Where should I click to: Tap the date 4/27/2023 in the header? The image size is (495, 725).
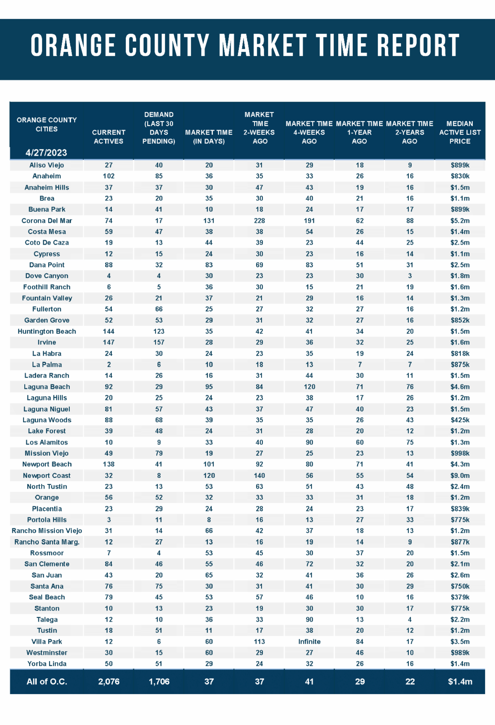tap(46, 153)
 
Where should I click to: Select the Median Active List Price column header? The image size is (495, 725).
tap(460, 132)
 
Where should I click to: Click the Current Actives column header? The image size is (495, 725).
tap(108, 137)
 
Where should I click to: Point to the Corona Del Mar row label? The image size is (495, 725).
tap(47, 221)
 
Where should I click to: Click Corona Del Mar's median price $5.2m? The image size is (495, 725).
tap(460, 221)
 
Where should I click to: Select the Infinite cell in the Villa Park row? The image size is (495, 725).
tap(309, 642)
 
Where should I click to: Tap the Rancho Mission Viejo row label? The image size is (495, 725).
tap(47, 531)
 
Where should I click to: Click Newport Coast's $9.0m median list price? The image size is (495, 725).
tap(460, 475)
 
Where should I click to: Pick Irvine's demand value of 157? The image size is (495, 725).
tap(159, 342)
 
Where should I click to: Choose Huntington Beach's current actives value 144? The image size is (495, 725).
tap(108, 331)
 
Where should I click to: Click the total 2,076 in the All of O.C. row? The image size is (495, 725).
tap(108, 682)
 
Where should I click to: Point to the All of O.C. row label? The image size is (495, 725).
tap(47, 682)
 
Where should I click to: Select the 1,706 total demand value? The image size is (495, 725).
tap(159, 682)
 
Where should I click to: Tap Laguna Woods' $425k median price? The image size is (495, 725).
tap(460, 420)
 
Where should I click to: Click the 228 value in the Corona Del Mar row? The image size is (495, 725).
tap(259, 221)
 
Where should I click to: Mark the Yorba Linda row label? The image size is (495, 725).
tap(47, 664)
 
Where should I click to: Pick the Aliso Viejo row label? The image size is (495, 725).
tap(47, 165)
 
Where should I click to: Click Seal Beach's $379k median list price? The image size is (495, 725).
tap(460, 597)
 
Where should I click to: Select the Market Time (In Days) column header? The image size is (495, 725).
tap(209, 137)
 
